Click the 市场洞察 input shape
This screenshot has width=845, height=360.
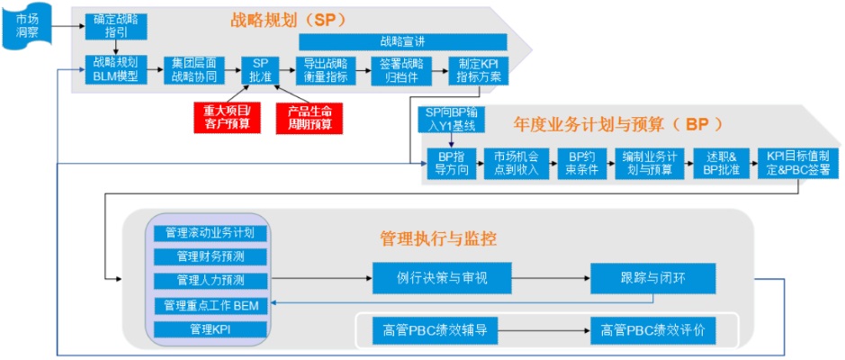coord(28,25)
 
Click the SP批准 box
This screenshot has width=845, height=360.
coord(260,69)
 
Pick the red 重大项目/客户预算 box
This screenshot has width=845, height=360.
coord(226,118)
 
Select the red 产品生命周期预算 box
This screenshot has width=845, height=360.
coord(303,118)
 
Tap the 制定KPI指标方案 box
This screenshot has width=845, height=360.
coord(479,70)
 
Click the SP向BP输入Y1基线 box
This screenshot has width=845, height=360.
coord(454,117)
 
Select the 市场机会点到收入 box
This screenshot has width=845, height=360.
coord(516,162)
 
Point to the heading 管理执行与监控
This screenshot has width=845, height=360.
coord(437,238)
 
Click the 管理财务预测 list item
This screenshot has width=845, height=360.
coord(210,256)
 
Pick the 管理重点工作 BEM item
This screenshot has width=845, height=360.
coord(210,305)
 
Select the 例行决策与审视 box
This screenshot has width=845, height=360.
coord(441,277)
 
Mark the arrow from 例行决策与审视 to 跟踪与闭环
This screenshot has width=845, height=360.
coord(550,277)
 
